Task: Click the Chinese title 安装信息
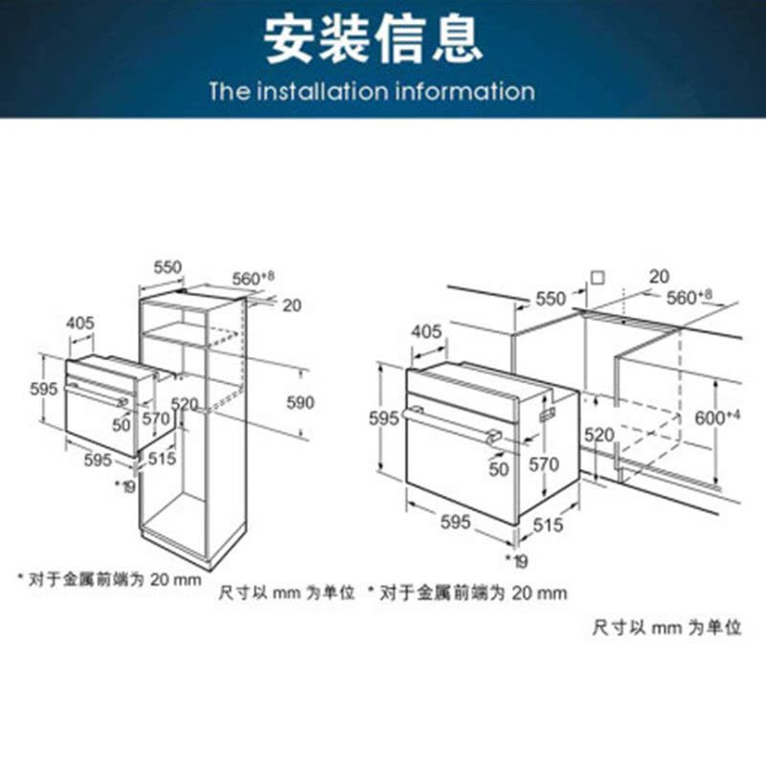(374, 39)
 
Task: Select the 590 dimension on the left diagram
(300, 402)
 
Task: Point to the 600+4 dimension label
(717, 417)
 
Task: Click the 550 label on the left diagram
(168, 267)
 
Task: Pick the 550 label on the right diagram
(551, 299)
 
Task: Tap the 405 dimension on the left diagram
(80, 323)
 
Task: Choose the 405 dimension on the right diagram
(426, 331)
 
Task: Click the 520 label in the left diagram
(184, 404)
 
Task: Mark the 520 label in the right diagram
(599, 435)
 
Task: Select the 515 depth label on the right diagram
(548, 525)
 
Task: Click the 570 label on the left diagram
(156, 418)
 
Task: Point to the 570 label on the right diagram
(544, 464)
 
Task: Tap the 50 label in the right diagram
(499, 469)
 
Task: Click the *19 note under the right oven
(517, 561)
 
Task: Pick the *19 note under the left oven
(125, 486)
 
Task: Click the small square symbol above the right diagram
(597, 278)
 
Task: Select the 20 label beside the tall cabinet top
(292, 305)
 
